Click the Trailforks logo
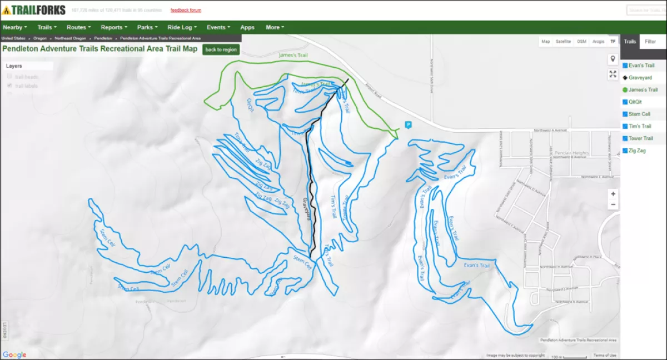coord(34,10)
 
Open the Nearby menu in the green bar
coord(14,27)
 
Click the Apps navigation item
coord(247,27)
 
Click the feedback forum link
coord(186,10)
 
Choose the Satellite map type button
coord(563,42)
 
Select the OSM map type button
coord(581,42)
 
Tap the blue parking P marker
coord(408,125)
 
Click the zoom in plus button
coord(613,194)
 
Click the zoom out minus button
coord(613,204)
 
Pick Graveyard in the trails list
coord(640,78)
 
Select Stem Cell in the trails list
coord(639,114)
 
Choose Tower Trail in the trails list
coord(640,138)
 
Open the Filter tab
coord(650,42)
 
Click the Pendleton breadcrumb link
coord(103,38)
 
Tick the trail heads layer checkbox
coord(9,77)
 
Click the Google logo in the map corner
coord(14,355)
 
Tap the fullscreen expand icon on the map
coord(613,74)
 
